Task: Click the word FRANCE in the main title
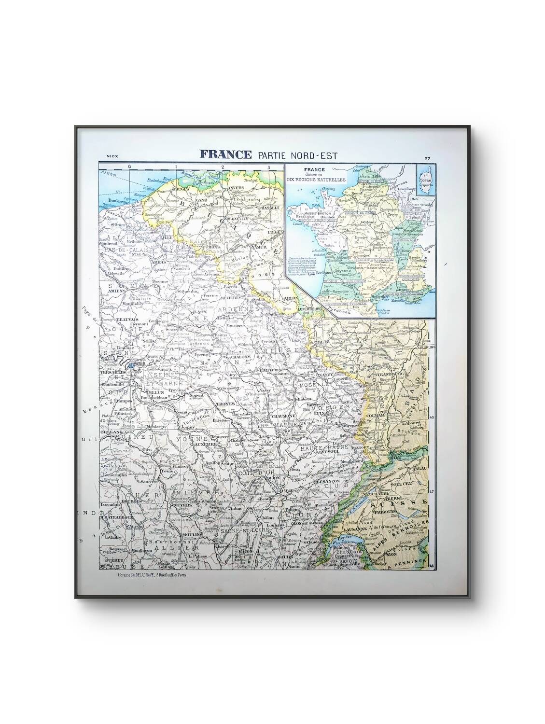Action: [225, 154]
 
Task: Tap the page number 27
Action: [427, 158]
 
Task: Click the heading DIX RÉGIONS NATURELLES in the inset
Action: [314, 179]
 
